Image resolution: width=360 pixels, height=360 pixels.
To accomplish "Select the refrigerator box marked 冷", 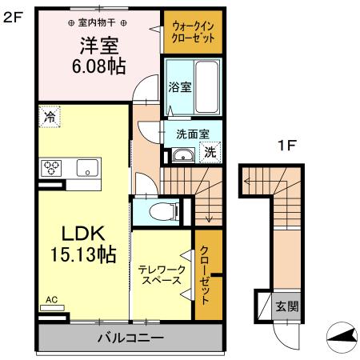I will pyautogui.click(x=50, y=116).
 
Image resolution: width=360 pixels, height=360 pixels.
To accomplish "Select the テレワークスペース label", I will pyautogui.click(x=162, y=275).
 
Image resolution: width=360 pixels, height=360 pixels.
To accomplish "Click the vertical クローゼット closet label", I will pyautogui.click(x=205, y=274).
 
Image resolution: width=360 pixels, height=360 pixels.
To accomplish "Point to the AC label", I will pyautogui.click(x=51, y=301).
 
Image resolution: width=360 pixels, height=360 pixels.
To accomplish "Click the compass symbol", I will pyautogui.click(x=342, y=337).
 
